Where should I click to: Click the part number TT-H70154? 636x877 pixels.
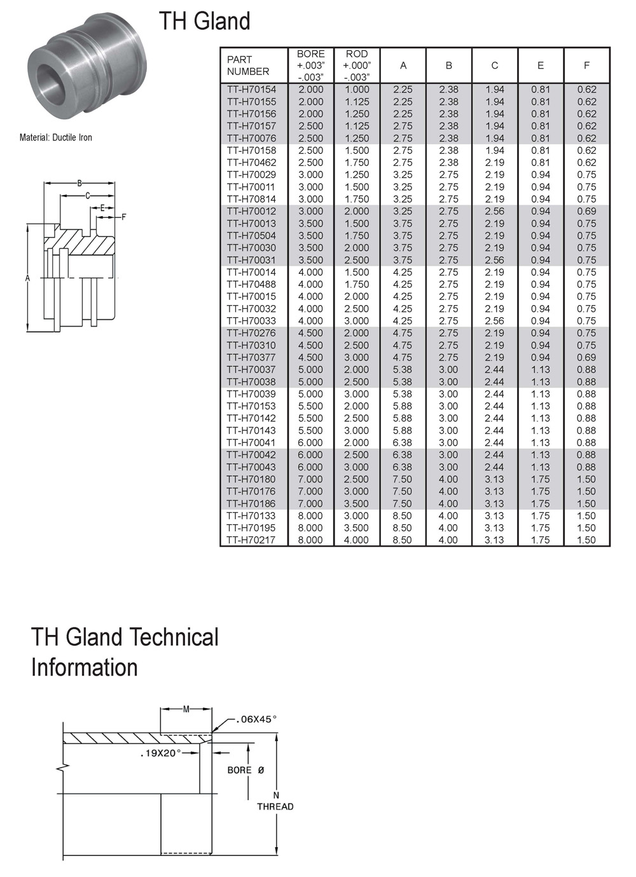pyautogui.click(x=252, y=90)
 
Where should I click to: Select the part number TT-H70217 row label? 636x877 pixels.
pyautogui.click(x=252, y=540)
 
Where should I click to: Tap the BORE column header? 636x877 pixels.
pyautogui.click(x=310, y=65)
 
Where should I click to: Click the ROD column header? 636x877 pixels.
pyautogui.click(x=357, y=65)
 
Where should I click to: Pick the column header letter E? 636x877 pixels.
pyautogui.click(x=541, y=65)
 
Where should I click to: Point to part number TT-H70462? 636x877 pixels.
pyautogui.click(x=252, y=163)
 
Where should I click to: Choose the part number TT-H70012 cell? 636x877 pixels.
pyautogui.click(x=252, y=212)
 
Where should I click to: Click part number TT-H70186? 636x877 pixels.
pyautogui.click(x=252, y=504)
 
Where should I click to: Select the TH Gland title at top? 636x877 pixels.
pyautogui.click(x=204, y=21)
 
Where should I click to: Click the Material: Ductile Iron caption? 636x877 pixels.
pyautogui.click(x=56, y=137)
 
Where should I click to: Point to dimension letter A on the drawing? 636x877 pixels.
pyautogui.click(x=28, y=278)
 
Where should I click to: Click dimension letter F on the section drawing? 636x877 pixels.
pyautogui.click(x=124, y=217)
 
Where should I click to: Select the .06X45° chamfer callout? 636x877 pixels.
pyautogui.click(x=256, y=719)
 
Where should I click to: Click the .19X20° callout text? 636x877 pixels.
pyautogui.click(x=161, y=753)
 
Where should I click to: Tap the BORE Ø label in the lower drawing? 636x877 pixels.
pyautogui.click(x=245, y=770)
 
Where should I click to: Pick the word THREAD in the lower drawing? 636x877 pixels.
pyautogui.click(x=275, y=806)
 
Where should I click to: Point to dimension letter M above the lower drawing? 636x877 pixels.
pyautogui.click(x=186, y=709)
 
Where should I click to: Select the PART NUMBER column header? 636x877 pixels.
pyautogui.click(x=248, y=65)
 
